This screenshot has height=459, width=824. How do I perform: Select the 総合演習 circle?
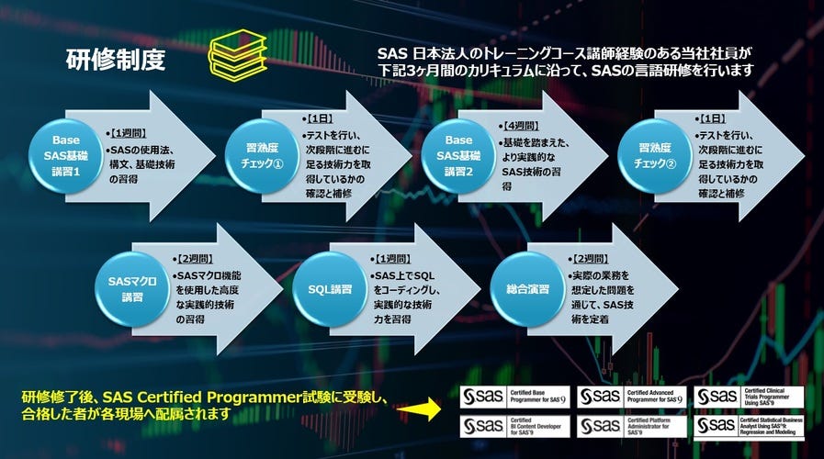527,288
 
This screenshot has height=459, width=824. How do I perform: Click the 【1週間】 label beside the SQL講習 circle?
391,261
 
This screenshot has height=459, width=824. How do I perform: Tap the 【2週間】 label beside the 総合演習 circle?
590,261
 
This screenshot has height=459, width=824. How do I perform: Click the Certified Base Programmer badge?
515,396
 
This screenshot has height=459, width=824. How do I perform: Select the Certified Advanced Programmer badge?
632,396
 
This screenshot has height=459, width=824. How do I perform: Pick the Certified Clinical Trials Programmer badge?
750,396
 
